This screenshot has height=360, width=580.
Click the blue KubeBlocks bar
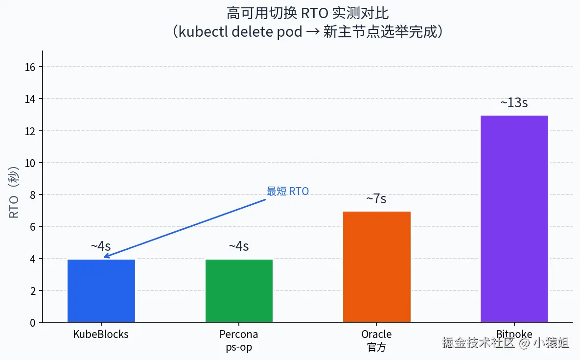(x=101, y=290)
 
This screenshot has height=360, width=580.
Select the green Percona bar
(x=239, y=290)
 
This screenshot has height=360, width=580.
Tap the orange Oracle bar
(x=376, y=267)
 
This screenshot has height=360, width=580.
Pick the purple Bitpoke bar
(x=514, y=218)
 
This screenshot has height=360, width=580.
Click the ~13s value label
(x=514, y=103)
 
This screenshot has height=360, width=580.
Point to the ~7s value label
(x=376, y=199)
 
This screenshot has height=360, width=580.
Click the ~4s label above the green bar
(x=239, y=246)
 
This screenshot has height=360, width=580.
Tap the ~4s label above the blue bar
(x=101, y=246)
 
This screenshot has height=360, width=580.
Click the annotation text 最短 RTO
(x=287, y=192)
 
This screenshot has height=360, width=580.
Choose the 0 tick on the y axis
(x=33, y=323)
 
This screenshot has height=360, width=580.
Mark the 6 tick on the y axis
(x=33, y=227)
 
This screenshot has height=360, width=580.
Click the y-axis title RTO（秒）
(x=14, y=192)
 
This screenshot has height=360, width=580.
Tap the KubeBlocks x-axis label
(x=101, y=335)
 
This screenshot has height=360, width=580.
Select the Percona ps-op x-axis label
(x=239, y=341)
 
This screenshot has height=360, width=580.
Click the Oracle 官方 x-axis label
(x=376, y=341)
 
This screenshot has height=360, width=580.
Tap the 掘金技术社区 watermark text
(x=478, y=342)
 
